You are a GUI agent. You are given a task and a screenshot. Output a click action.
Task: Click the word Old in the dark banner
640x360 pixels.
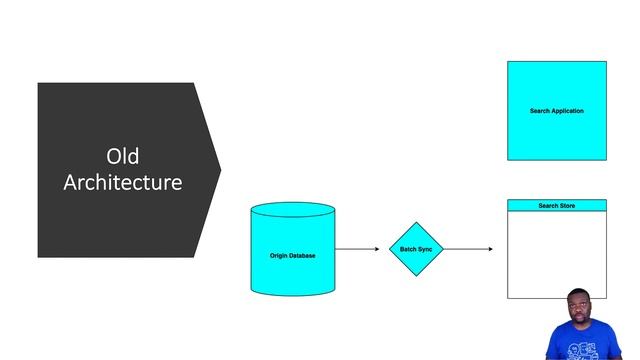(122, 157)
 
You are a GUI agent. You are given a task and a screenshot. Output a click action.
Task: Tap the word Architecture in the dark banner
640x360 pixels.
(122, 183)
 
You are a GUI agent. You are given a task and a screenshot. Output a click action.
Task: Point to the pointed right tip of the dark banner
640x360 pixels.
(219, 169)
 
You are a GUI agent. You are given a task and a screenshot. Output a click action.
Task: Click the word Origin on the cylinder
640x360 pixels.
(280, 256)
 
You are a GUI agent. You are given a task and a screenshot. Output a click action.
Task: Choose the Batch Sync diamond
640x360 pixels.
(415, 249)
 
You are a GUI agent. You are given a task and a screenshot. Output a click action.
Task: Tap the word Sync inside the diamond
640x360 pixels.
(424, 249)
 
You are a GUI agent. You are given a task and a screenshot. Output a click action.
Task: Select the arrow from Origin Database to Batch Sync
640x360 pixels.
(360, 249)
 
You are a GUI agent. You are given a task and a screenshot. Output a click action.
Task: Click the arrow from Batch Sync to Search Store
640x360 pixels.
(466, 249)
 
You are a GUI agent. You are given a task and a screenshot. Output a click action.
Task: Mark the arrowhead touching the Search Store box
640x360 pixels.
(490, 249)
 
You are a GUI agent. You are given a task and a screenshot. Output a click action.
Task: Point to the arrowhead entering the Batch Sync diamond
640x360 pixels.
(385, 249)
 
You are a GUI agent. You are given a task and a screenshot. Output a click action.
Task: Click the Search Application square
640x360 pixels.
(556, 111)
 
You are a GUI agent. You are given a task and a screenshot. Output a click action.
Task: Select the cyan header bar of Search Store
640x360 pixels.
(556, 206)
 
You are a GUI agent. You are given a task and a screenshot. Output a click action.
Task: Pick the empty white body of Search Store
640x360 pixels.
(556, 254)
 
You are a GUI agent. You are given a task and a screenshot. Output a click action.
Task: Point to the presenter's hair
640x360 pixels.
(581, 293)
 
